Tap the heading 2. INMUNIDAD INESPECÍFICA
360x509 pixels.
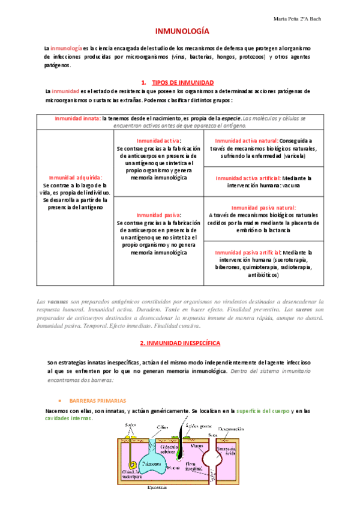pyautogui.click(x=179, y=343)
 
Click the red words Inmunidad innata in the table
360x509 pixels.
pyautogui.click(x=77, y=119)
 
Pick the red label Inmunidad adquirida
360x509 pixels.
pyautogui.click(x=76, y=178)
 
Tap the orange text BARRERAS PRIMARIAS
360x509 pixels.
pyautogui.click(x=97, y=400)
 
